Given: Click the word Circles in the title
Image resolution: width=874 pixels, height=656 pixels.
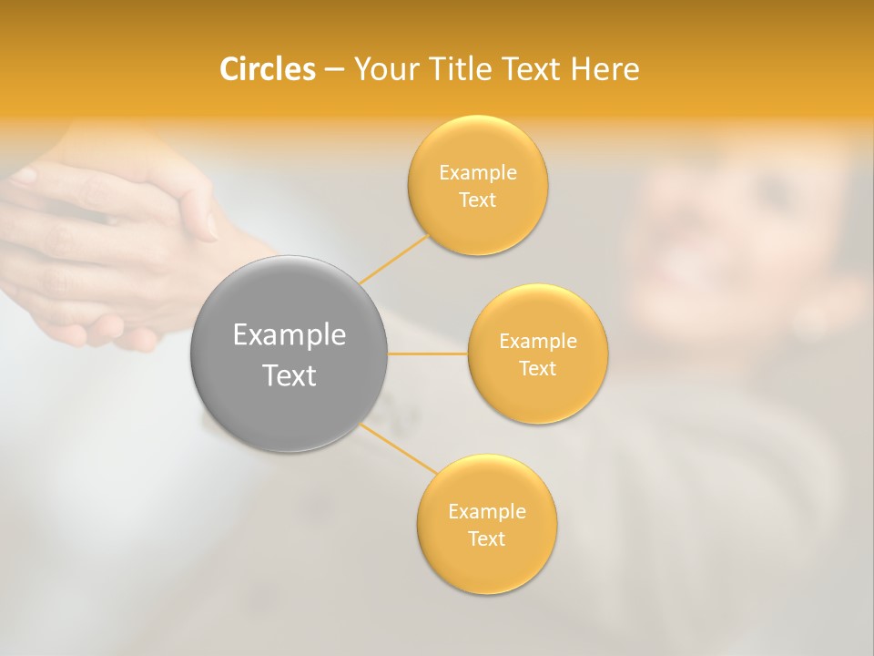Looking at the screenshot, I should [268, 69].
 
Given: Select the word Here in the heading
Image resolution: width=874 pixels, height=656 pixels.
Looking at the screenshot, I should [605, 69].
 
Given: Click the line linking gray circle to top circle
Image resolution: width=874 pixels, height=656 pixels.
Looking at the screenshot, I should [393, 259].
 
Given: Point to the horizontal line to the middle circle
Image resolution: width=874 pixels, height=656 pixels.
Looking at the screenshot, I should [427, 354].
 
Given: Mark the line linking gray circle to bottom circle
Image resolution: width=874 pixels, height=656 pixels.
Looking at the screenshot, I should [399, 449].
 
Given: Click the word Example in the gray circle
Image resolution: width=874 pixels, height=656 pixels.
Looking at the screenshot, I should [290, 335].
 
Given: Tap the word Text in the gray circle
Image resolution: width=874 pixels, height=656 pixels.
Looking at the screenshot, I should [290, 375].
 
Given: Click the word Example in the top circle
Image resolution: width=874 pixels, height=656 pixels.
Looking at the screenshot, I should [477, 173].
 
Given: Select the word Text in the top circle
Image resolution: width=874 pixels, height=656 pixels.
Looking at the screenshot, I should [477, 200].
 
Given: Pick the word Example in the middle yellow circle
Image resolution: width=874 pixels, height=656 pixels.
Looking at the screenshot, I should [537, 342].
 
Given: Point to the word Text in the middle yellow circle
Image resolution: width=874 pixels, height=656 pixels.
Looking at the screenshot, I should [537, 369].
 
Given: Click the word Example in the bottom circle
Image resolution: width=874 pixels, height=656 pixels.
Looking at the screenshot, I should [486, 512].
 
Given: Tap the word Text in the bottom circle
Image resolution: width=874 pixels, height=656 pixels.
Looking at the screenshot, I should [486, 539].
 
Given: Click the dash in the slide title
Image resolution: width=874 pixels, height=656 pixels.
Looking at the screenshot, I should [334, 70].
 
